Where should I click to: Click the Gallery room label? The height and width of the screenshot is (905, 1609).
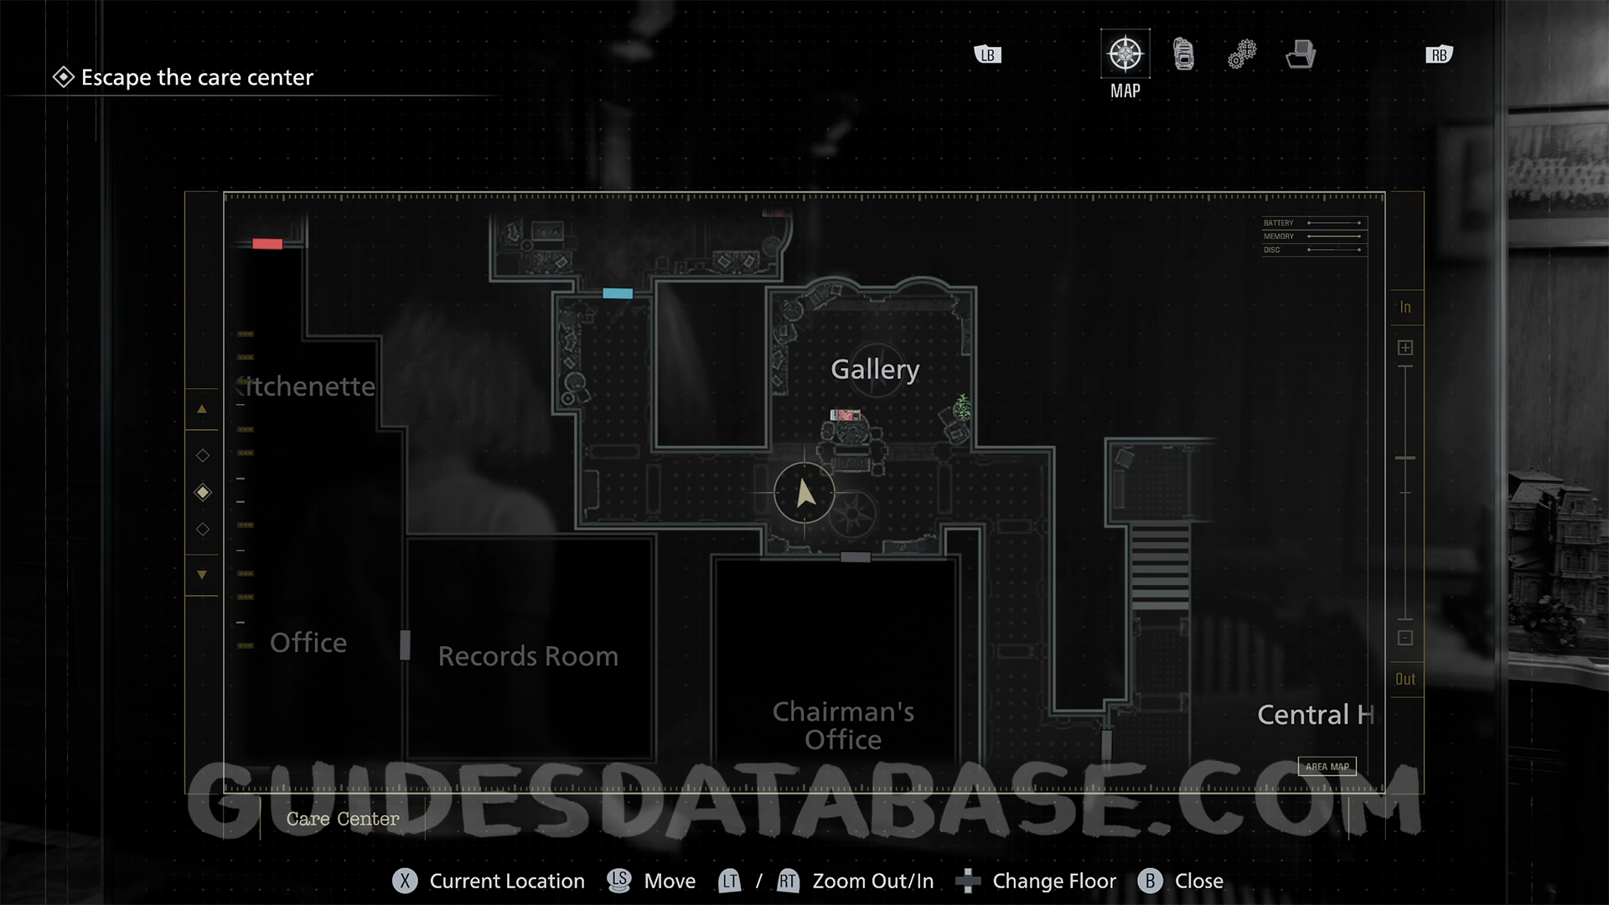tap(874, 370)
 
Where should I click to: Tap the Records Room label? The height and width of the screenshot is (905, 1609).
tap(528, 656)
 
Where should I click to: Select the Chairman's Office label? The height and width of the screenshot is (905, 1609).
tap(843, 726)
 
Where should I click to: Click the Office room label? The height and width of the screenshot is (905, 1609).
tap(308, 643)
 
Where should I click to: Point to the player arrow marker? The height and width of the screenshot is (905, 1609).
tap(804, 494)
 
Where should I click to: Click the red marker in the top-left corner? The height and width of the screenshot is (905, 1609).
tap(267, 244)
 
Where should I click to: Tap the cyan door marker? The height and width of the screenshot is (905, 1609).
tap(618, 293)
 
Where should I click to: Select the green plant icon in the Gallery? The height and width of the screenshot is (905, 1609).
tap(963, 407)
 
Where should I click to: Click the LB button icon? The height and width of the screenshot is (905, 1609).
tap(988, 55)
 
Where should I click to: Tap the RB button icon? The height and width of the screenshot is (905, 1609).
tap(1439, 55)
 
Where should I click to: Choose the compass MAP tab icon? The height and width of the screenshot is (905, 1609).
tap(1125, 54)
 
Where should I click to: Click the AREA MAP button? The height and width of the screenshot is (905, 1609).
tap(1327, 767)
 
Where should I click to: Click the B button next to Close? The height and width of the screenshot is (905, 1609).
tap(1150, 881)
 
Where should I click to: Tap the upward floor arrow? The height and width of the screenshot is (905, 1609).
tap(202, 409)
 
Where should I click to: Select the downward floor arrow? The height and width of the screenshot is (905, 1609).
tap(202, 575)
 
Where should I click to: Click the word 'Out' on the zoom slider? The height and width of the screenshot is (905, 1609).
tap(1405, 680)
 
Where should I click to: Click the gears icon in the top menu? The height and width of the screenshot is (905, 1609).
tap(1242, 54)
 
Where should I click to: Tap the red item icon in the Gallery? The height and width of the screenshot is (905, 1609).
tap(845, 415)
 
